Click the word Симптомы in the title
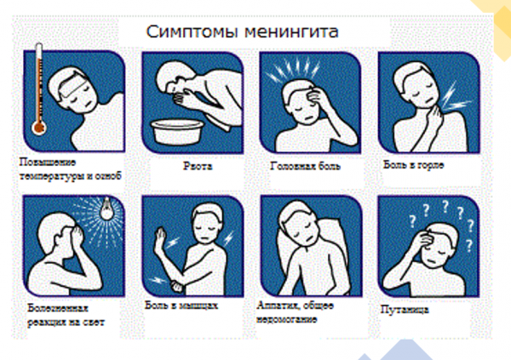[189, 32]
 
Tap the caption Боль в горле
[414, 163]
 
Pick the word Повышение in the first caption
[48, 162]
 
